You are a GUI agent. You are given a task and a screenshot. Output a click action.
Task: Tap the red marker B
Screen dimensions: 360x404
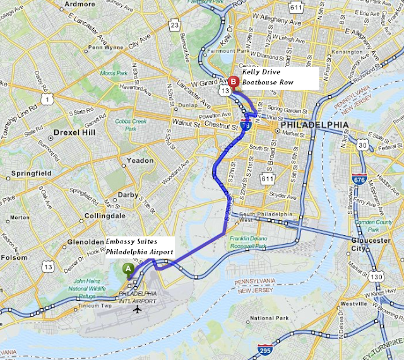[233, 81]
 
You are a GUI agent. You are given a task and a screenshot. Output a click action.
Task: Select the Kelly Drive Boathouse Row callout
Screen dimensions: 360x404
[278, 78]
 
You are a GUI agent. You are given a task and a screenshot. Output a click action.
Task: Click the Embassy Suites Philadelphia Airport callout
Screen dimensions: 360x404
[140, 247]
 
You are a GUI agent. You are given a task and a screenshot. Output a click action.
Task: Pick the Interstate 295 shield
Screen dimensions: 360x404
[266, 351]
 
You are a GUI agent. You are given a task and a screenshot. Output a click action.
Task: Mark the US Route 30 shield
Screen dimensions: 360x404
[362, 145]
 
